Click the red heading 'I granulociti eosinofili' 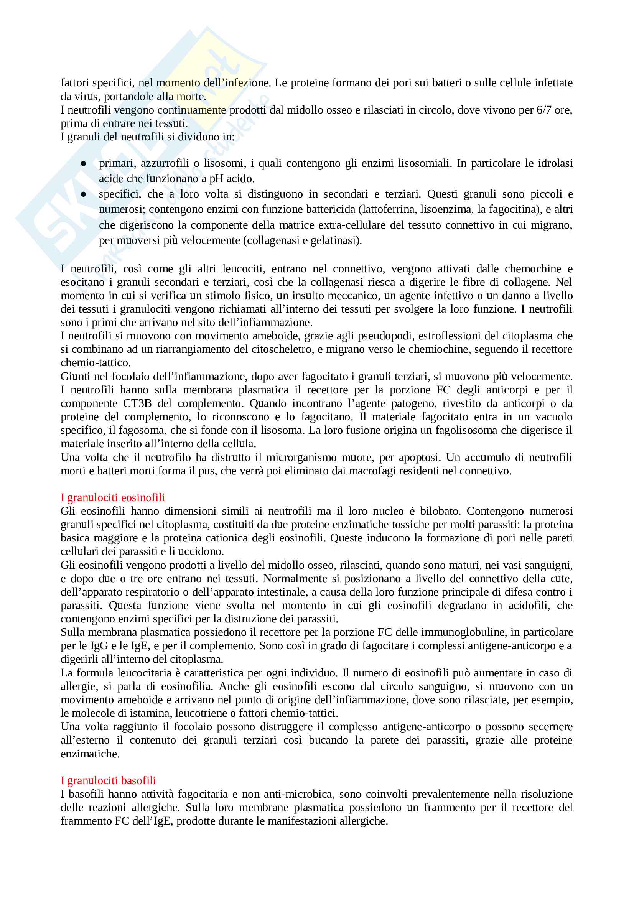pos(112,497)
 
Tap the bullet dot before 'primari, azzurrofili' pos(83,164)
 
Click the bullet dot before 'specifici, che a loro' pos(83,194)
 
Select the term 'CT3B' pos(136,403)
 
